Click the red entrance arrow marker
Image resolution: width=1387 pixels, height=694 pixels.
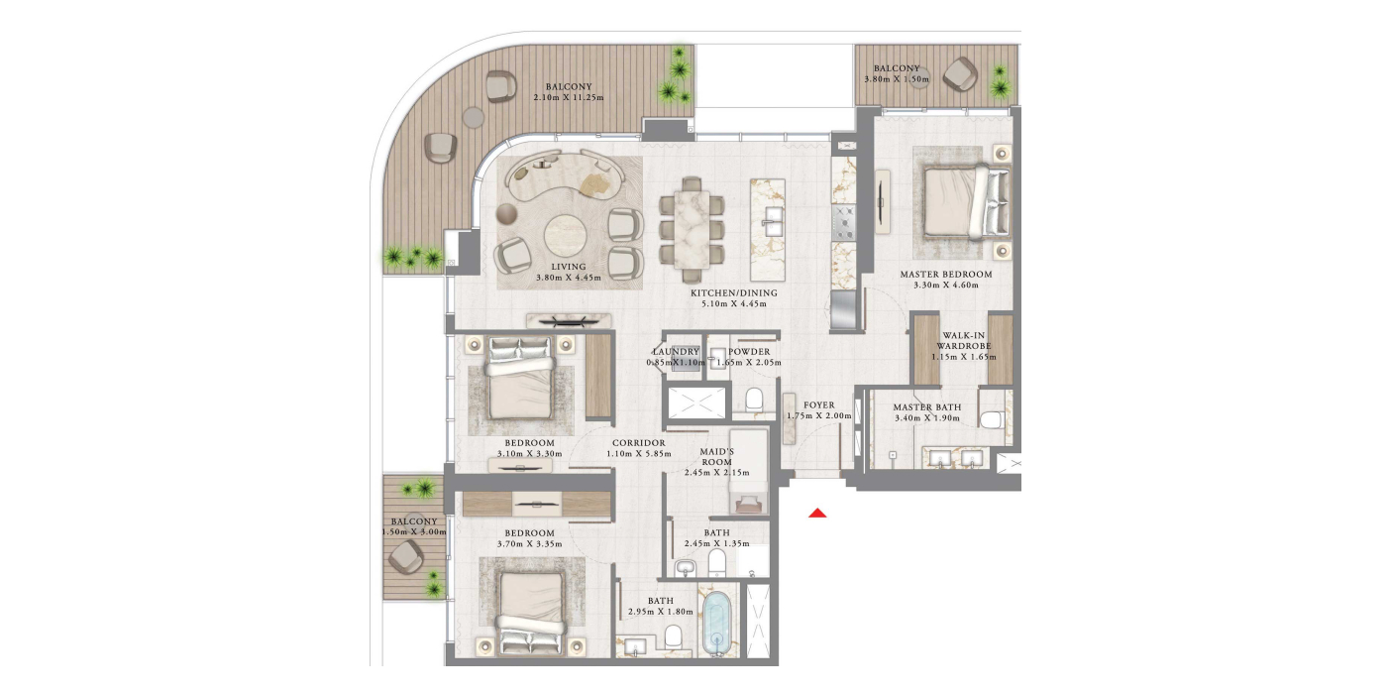click(x=817, y=513)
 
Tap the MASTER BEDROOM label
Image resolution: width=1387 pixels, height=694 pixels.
click(x=945, y=274)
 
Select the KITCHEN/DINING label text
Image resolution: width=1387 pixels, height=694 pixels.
click(x=734, y=293)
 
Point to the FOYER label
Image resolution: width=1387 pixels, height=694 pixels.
click(x=818, y=405)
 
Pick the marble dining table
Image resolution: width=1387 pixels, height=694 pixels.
click(x=692, y=229)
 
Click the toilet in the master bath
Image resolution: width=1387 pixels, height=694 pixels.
click(x=993, y=418)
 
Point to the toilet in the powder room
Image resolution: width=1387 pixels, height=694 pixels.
click(x=754, y=399)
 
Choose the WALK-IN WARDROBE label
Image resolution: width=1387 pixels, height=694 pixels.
click(x=963, y=341)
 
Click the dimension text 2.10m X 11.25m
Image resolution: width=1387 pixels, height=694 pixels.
click(x=569, y=97)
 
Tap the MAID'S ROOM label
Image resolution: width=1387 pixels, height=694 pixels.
click(x=717, y=457)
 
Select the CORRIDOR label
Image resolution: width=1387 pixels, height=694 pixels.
click(x=638, y=443)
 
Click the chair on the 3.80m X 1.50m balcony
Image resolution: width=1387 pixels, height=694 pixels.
click(x=960, y=74)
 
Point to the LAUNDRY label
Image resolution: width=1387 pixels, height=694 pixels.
click(x=676, y=351)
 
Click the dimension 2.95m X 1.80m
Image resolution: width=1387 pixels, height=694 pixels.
click(x=660, y=612)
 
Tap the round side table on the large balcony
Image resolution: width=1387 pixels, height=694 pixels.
click(x=474, y=117)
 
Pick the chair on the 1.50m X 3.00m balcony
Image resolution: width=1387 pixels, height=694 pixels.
click(x=406, y=556)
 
